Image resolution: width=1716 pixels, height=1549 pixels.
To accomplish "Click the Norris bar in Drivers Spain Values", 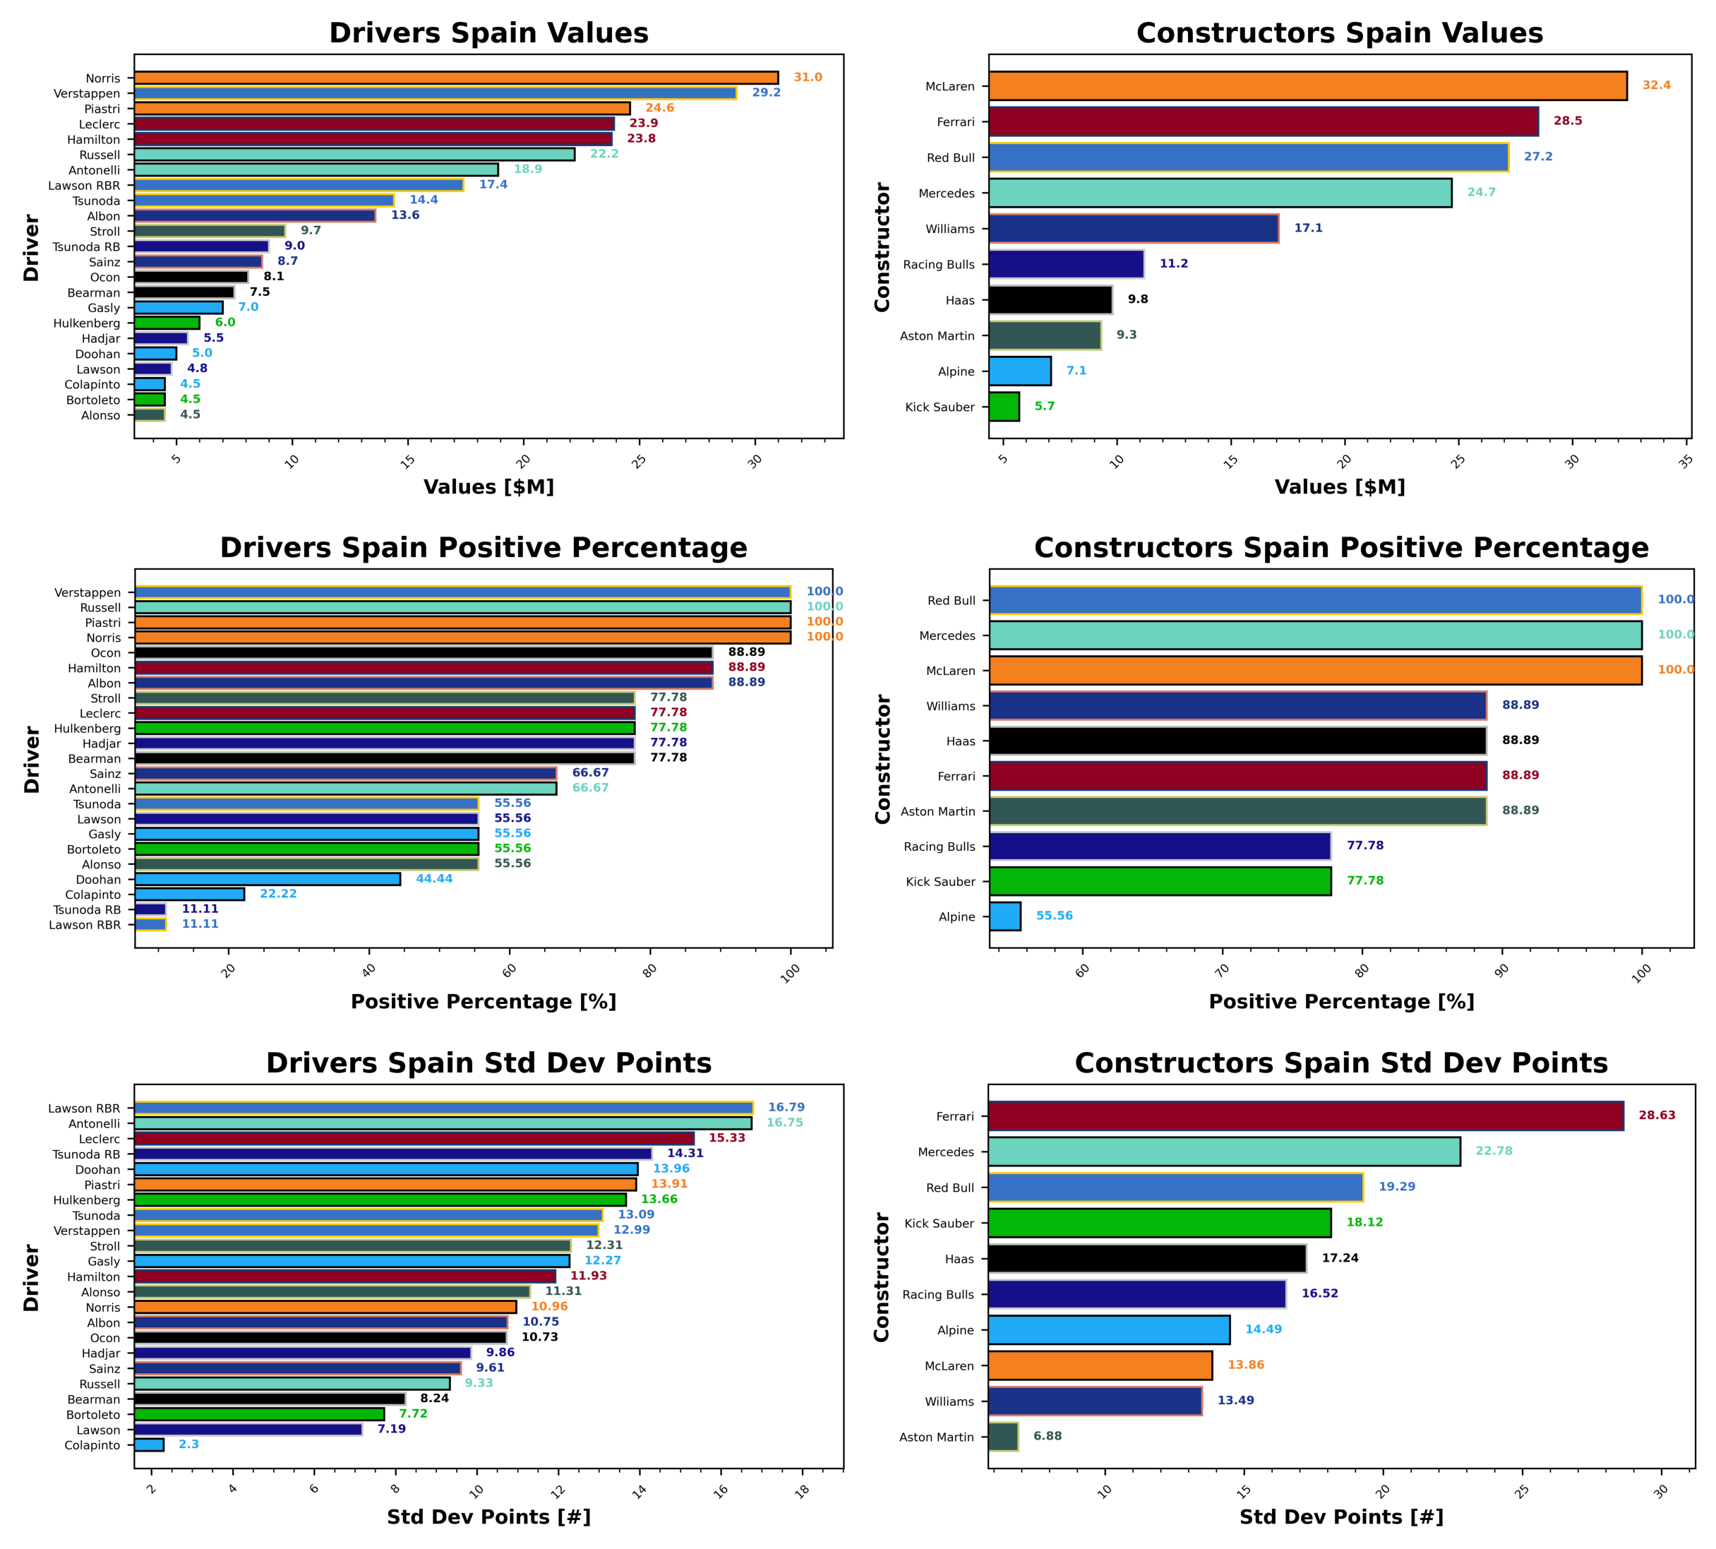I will coord(456,78).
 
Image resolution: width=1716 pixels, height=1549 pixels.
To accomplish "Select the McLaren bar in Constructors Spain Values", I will coord(1307,86).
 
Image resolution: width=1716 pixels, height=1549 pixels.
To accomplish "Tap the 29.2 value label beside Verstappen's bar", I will coord(766,92).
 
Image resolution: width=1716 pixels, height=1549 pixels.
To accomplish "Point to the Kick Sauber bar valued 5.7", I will coord(1004,407).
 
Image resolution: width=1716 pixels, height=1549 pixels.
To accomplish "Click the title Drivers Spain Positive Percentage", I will coord(484,547).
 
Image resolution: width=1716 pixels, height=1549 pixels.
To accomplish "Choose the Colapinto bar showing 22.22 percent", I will coord(190,895).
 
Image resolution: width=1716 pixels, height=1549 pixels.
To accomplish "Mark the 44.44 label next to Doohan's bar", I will coord(434,879).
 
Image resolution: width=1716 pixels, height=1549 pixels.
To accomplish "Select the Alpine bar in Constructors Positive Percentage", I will coord(1004,916).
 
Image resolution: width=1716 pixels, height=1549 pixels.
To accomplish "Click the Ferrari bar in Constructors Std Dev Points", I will coord(1305,1116).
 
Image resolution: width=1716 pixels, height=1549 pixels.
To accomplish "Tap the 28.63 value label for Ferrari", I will coord(1657,1115).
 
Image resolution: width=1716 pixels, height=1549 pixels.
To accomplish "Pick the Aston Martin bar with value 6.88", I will coord(1003,1437).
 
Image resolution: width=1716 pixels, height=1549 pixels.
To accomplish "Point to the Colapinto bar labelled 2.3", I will coord(149,1445).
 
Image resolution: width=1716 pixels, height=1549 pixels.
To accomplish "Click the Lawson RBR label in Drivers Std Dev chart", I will coord(84,1108).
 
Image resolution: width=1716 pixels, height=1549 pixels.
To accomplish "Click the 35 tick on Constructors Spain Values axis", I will coord(1686,460).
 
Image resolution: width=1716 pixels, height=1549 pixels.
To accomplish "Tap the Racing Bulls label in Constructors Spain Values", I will coord(938,265).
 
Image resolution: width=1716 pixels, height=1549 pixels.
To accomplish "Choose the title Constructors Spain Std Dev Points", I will coord(1340,1063).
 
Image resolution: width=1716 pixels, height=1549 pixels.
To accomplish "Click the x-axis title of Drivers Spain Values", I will coord(488,487).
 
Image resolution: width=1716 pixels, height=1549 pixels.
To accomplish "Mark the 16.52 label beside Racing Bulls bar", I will coord(1319,1293).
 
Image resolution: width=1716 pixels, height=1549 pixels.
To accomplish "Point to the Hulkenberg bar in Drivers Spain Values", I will coord(167,323).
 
